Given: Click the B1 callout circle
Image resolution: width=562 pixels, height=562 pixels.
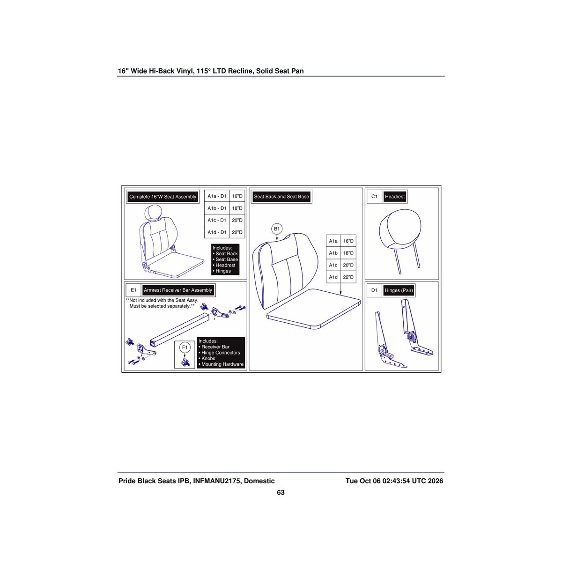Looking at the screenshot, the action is pyautogui.click(x=276, y=229).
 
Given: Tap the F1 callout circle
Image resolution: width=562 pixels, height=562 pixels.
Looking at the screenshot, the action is pyautogui.click(x=185, y=348).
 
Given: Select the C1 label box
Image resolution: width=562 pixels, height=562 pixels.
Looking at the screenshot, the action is pyautogui.click(x=374, y=197).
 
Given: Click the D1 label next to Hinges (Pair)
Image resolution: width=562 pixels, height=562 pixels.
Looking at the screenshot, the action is pyautogui.click(x=374, y=290).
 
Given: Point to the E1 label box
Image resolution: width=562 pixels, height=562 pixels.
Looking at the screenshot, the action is pyautogui.click(x=133, y=290).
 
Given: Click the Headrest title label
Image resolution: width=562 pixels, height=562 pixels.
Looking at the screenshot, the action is pyautogui.click(x=395, y=197).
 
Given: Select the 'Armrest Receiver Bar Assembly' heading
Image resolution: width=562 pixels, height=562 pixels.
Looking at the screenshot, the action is pyautogui.click(x=178, y=290).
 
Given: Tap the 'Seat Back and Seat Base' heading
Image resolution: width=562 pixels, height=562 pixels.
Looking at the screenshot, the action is pyautogui.click(x=281, y=197).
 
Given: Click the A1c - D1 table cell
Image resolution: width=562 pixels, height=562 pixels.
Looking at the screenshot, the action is pyautogui.click(x=217, y=220).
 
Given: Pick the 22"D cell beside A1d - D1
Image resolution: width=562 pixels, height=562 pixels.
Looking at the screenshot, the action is pyautogui.click(x=237, y=232).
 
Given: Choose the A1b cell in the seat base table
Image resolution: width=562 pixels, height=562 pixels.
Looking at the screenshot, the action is pyautogui.click(x=333, y=253).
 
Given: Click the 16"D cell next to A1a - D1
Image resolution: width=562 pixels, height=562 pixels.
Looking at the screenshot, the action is pyautogui.click(x=237, y=196).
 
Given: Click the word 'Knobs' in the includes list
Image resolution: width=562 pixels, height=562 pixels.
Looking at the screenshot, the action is pyautogui.click(x=208, y=358).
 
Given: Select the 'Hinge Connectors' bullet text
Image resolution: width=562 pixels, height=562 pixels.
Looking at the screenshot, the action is pyautogui.click(x=221, y=353).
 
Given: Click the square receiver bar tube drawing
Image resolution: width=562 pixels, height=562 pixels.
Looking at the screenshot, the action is pyautogui.click(x=180, y=330).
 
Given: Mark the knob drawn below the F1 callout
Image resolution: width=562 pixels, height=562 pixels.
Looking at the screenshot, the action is pyautogui.click(x=185, y=362).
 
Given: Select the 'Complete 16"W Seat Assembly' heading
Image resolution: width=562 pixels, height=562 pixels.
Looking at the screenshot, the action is pyautogui.click(x=163, y=197).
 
